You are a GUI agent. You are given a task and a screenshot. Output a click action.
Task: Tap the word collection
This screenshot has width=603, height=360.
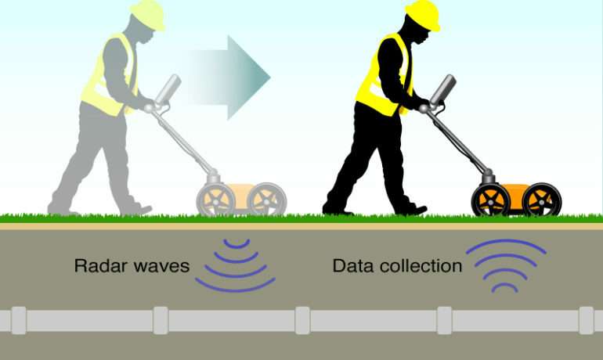[417, 265]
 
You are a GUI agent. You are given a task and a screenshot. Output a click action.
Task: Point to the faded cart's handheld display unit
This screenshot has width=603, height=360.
[168, 89]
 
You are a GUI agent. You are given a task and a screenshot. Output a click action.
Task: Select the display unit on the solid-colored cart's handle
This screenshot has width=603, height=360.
[443, 89]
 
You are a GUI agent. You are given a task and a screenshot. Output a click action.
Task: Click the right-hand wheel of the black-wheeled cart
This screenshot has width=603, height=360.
[542, 200]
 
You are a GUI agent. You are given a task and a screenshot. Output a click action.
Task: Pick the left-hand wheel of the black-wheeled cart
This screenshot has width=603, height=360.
[490, 200]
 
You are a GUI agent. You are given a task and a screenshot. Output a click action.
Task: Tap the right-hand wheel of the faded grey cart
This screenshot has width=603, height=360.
[267, 200]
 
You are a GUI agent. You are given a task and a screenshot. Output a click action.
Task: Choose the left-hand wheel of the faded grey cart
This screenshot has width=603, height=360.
[215, 200]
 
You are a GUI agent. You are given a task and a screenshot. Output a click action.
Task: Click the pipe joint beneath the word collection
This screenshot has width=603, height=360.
[444, 320]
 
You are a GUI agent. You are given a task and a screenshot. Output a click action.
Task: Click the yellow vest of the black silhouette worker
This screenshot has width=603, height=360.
[380, 77]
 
